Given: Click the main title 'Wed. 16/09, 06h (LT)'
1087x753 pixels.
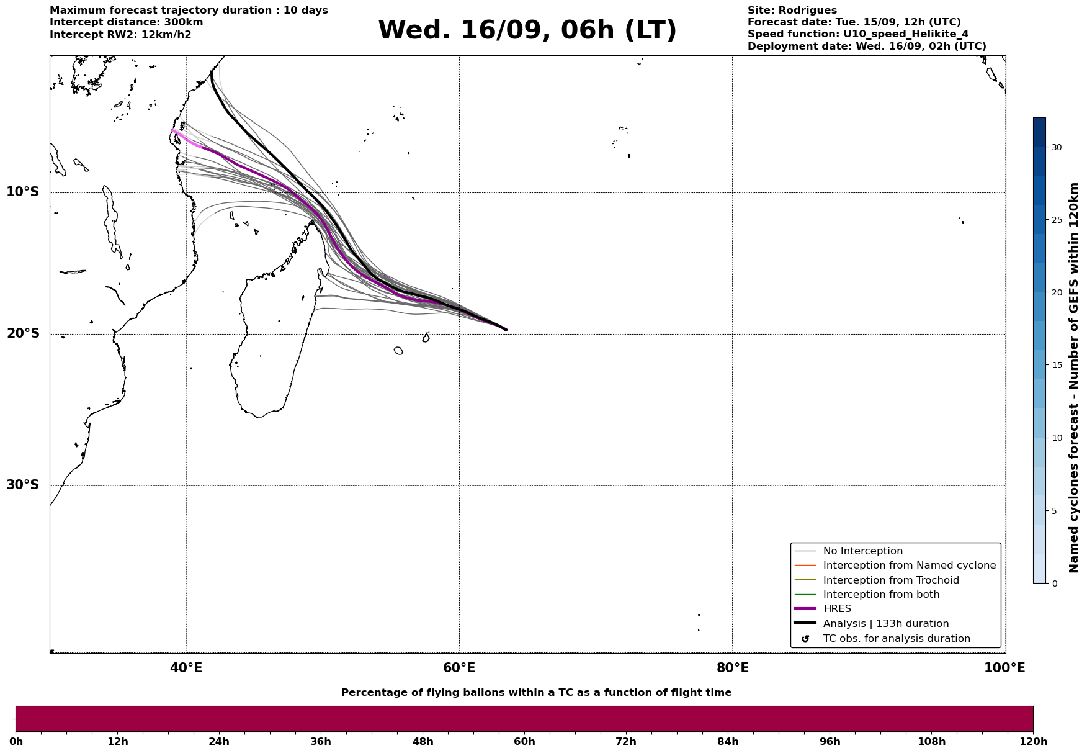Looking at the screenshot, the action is tap(527, 30).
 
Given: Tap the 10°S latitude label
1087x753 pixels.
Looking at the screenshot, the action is tap(23, 192).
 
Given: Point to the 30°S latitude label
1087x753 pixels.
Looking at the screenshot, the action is tap(23, 485).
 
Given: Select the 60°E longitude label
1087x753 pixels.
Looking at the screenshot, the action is tap(459, 668).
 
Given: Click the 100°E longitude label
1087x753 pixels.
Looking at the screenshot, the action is tap(1004, 668).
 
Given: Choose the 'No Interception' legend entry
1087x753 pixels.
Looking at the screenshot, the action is tap(862, 551).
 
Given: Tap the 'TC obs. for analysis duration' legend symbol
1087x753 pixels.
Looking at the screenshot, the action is tap(805, 639).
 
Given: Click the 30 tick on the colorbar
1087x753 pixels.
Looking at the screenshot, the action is tap(1056, 147).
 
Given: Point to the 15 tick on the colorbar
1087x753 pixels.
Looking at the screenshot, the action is tap(1056, 365).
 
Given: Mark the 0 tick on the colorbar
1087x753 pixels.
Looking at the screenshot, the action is tap(1054, 584).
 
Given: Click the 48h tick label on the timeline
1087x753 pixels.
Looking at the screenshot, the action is tap(423, 742).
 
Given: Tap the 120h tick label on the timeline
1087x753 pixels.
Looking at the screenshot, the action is tap(1033, 742).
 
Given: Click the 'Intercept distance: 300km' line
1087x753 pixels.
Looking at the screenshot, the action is tap(127, 22).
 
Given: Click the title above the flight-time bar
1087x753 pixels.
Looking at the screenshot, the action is tap(536, 693).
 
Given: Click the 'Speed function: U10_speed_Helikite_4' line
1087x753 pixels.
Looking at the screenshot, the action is tap(858, 34).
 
